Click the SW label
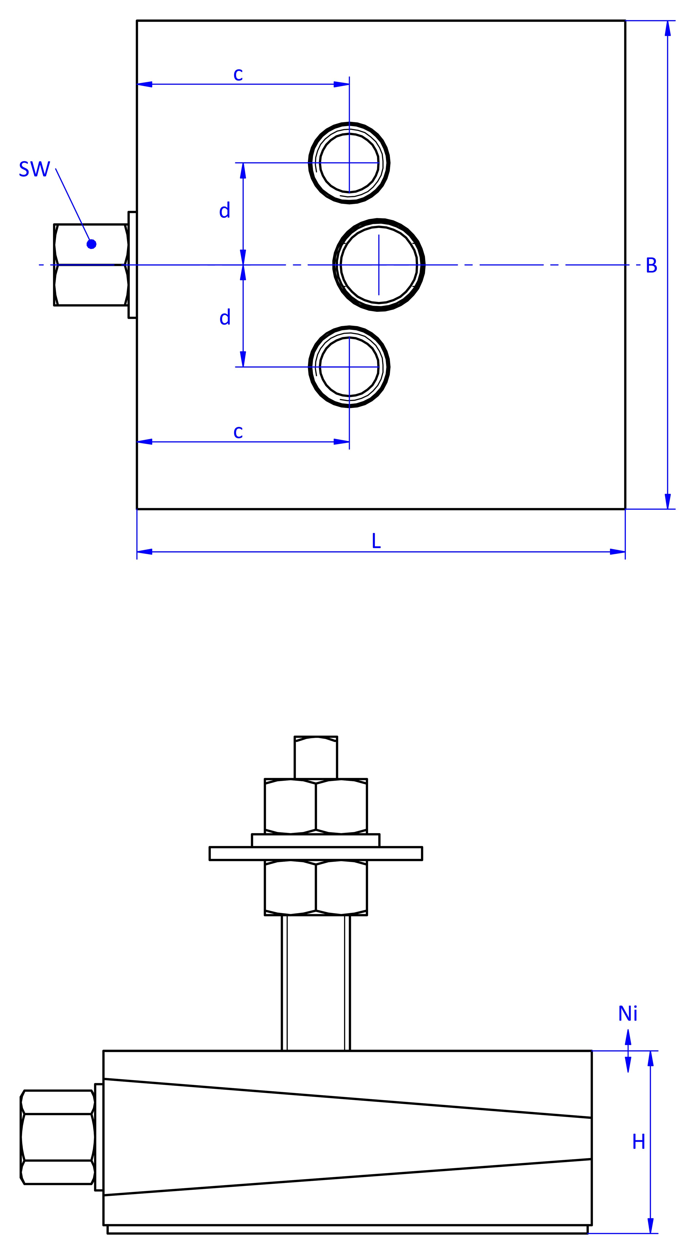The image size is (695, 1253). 35,169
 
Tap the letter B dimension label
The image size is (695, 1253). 651,266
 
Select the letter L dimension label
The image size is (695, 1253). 376,541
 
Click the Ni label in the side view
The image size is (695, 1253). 627,1014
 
